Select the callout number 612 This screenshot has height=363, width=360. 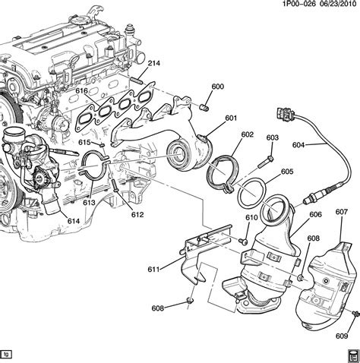pyautogui.click(x=136, y=215)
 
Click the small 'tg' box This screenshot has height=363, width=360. pyautogui.click(x=7, y=353)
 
